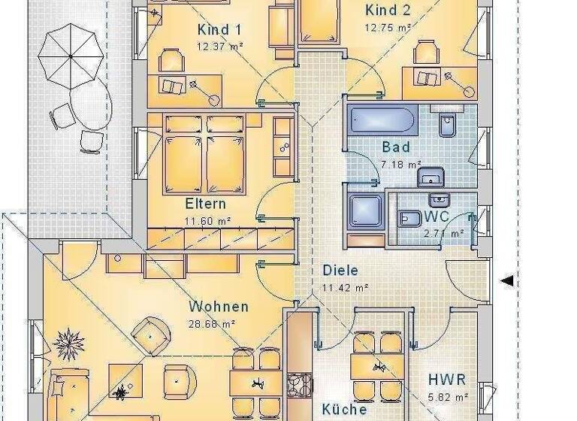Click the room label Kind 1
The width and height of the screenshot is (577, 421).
point(219,30)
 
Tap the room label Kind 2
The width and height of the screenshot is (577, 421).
point(388,11)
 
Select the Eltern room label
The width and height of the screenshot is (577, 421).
point(205,204)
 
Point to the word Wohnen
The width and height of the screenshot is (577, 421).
point(219,307)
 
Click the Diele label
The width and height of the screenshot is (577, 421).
point(340,271)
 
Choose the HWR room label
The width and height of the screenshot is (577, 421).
point(447,380)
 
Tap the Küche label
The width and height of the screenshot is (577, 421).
point(345,410)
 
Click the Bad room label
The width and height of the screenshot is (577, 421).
point(396,147)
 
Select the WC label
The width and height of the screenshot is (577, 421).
point(436,217)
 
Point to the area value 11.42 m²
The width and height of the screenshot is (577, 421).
point(345,287)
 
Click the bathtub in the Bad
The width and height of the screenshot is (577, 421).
point(382,120)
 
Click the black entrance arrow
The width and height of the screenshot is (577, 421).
point(507,281)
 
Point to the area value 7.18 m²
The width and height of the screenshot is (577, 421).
point(401,164)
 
